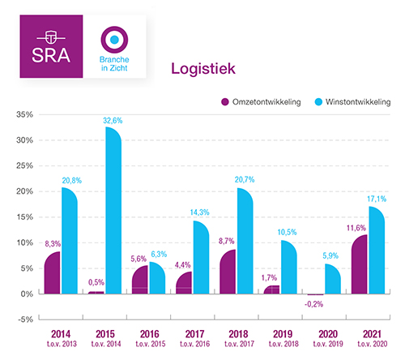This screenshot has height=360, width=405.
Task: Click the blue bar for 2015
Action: pos(113,211)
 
